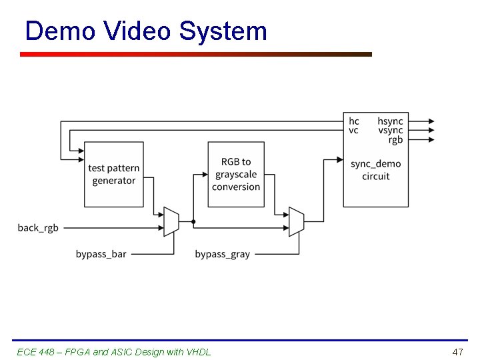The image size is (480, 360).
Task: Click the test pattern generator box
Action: point(113,174)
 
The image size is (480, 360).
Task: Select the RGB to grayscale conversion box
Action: point(236,174)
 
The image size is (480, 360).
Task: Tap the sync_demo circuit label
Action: point(375,170)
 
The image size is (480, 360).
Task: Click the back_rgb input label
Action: point(38,228)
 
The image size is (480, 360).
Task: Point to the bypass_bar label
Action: point(101,254)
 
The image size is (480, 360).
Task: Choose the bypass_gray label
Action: point(222,254)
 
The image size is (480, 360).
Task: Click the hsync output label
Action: point(390,121)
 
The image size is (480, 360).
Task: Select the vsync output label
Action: point(390,131)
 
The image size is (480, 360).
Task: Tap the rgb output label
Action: point(395,140)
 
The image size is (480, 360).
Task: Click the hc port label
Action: point(353,121)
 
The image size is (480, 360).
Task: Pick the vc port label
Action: point(353,131)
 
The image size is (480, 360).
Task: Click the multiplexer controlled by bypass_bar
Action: point(171,221)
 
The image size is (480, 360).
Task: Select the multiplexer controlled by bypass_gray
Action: point(296,221)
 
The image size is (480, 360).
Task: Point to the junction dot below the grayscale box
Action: point(193,221)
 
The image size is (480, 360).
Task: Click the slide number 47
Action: point(457,351)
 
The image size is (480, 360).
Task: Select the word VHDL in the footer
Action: point(197,351)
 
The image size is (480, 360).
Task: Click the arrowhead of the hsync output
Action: point(431,121)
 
